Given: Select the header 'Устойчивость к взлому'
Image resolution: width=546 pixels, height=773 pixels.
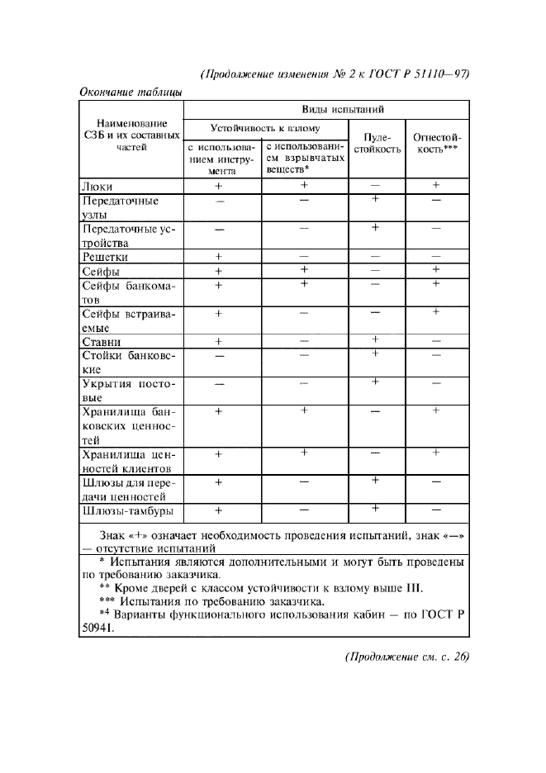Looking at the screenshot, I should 265,129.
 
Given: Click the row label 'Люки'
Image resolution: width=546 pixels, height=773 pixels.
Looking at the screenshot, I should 97,187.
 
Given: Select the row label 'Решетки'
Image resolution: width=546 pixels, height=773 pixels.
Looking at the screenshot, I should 105,257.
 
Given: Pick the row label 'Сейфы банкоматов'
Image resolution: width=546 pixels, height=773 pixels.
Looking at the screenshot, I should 130,293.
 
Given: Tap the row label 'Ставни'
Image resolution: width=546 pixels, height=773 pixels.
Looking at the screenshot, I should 102,342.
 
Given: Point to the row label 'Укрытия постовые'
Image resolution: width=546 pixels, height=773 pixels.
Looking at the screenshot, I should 130,391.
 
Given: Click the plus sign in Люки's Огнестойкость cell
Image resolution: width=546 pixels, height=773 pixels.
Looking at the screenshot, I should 436,186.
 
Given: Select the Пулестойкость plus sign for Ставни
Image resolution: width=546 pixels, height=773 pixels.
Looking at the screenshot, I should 375,339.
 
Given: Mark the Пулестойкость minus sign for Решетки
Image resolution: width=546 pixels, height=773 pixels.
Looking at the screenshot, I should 375,256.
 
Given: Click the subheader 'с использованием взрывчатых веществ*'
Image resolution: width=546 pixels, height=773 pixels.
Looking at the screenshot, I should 304,157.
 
